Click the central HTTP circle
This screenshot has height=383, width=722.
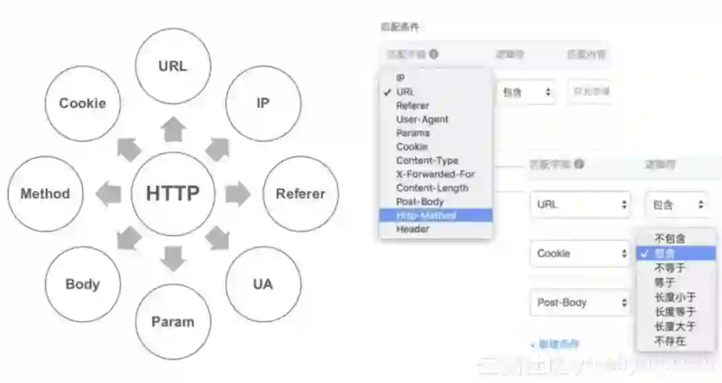(x=173, y=194)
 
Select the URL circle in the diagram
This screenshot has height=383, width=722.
(x=173, y=66)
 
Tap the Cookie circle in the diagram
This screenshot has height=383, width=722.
(x=82, y=103)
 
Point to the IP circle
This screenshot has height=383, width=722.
(x=263, y=103)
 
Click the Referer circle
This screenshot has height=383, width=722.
(x=300, y=194)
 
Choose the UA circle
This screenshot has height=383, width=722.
(x=263, y=284)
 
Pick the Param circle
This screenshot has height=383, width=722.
(x=173, y=322)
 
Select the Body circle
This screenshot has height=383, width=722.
(x=82, y=284)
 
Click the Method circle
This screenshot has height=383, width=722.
(x=45, y=194)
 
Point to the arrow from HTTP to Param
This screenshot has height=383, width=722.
(x=173, y=258)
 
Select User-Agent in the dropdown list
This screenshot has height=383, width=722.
(x=422, y=119)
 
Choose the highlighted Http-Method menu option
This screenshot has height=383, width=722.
(x=426, y=215)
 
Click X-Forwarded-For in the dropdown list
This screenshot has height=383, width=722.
(x=436, y=174)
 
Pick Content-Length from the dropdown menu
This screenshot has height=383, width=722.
(x=432, y=188)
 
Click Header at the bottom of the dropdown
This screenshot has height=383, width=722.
(x=412, y=229)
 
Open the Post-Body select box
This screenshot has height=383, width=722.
(x=582, y=303)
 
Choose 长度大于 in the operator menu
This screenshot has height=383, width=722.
(x=675, y=326)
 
